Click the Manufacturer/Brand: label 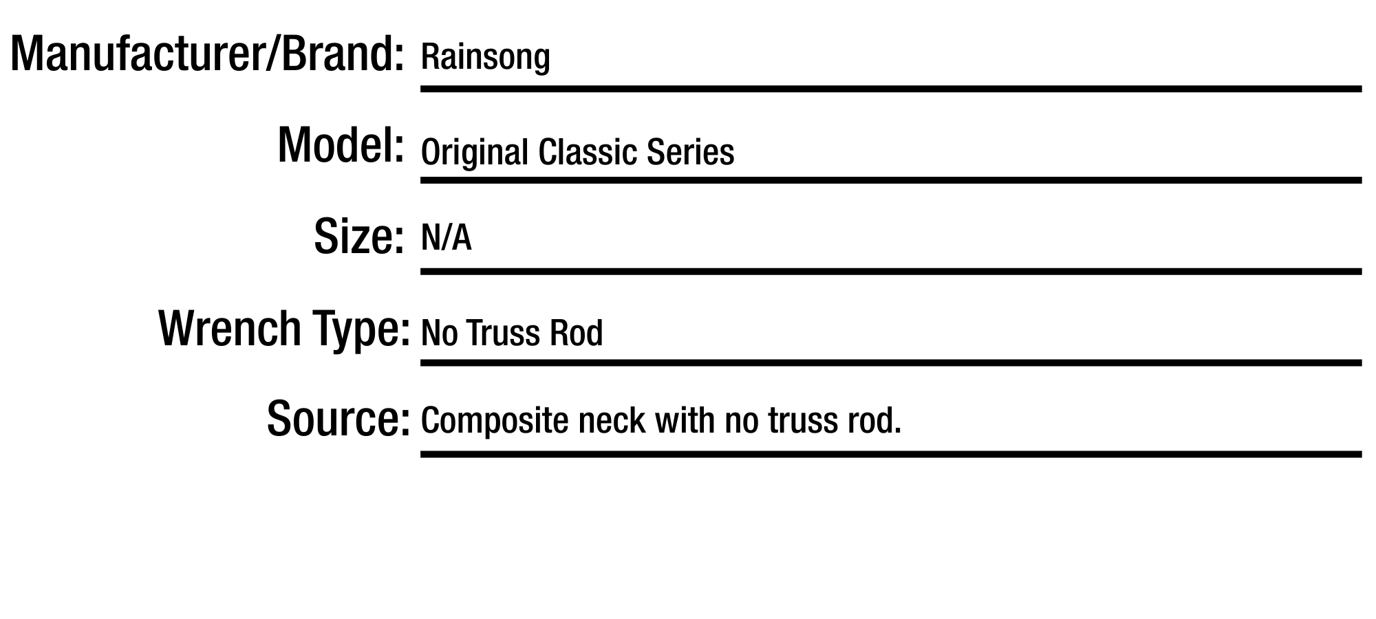click(x=206, y=55)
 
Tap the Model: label click(x=340, y=145)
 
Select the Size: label click(x=358, y=237)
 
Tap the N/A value click(x=446, y=239)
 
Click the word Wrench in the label click(x=230, y=328)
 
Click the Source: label click(x=338, y=419)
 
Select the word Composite click(x=495, y=421)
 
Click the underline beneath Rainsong click(x=891, y=89)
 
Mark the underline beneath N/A click(x=891, y=272)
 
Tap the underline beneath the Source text click(x=891, y=454)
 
